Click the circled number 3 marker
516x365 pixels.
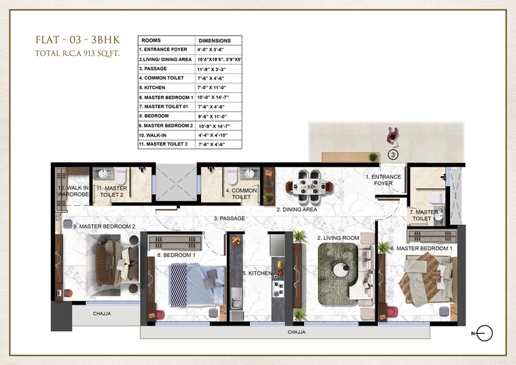click(x=393, y=154)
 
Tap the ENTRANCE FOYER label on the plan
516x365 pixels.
click(x=384, y=180)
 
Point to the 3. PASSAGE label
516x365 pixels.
click(x=229, y=219)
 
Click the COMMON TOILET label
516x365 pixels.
click(x=241, y=194)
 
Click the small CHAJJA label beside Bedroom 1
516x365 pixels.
click(x=101, y=313)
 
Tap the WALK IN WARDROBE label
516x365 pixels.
click(x=73, y=191)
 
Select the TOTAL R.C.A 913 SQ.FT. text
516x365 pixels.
click(x=77, y=52)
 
